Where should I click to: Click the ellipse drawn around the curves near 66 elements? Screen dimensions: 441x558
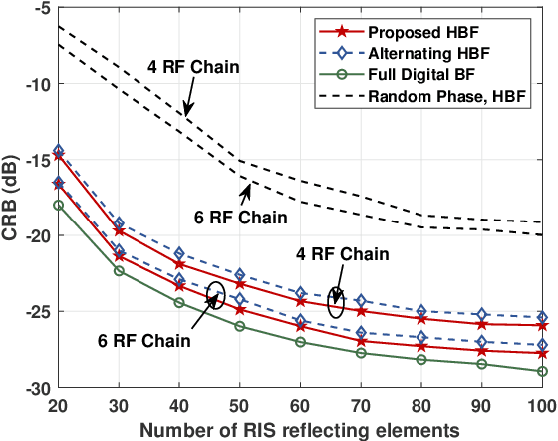(x=336, y=302)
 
